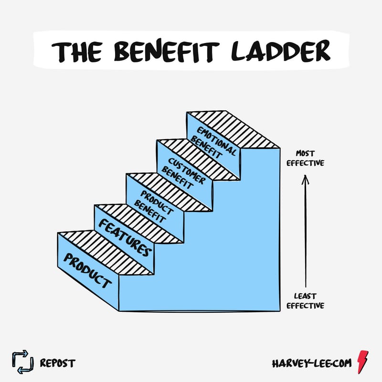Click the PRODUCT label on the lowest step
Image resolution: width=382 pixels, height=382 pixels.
pos(88,270)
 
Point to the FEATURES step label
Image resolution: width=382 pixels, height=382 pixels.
pos(125,237)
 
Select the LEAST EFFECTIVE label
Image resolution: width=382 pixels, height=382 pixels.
pos(306,301)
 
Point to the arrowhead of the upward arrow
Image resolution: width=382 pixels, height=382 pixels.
pos(306,179)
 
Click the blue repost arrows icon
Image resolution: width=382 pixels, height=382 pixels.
pos(23,362)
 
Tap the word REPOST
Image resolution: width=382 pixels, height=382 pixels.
pos(58,363)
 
